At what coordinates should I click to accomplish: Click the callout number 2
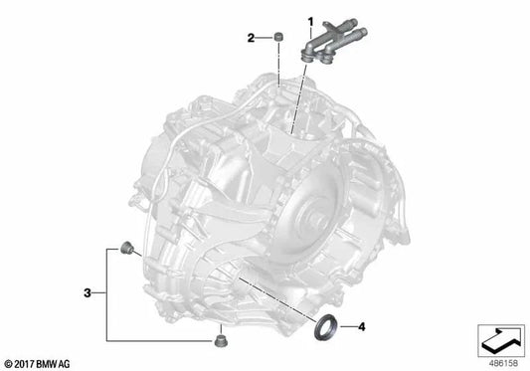(x=251, y=38)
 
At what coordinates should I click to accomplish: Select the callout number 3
(x=88, y=292)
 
